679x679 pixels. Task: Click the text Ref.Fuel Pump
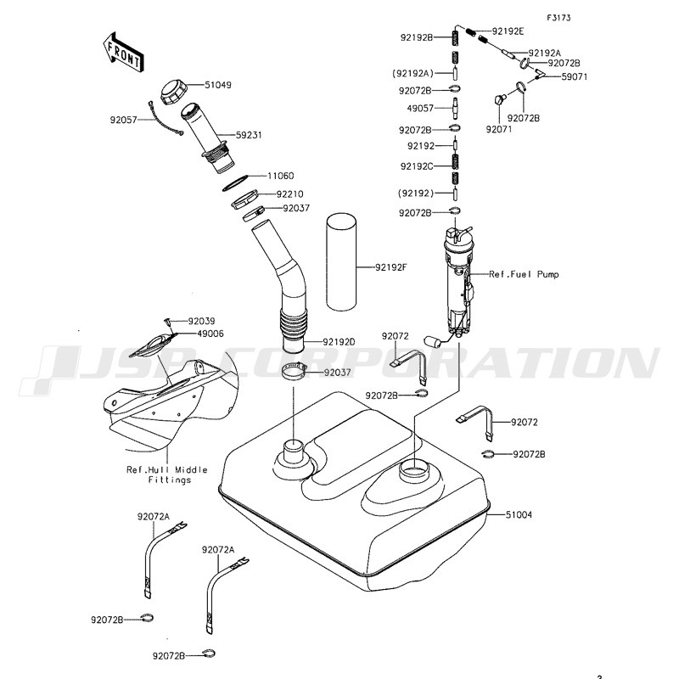524,274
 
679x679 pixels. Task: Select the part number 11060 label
280,176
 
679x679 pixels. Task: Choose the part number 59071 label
574,76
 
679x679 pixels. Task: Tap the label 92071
497,129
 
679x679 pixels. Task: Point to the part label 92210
289,194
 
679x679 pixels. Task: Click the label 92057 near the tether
124,121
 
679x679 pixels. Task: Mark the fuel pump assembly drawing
457,280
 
